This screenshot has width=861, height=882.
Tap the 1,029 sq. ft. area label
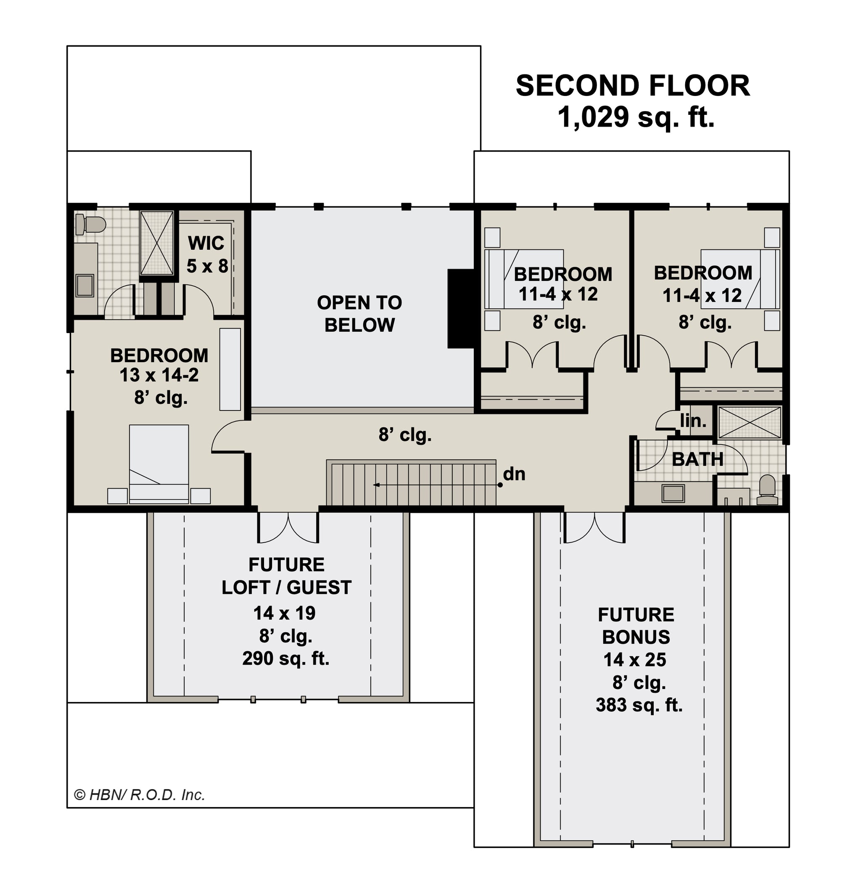coord(636,117)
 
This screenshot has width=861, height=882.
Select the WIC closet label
coord(206,244)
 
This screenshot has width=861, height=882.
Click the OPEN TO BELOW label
coord(359,314)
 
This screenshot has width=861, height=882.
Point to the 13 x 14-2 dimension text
coord(159,375)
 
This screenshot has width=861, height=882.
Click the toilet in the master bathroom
coord(90,225)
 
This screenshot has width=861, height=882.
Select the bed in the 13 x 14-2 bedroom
coord(159,464)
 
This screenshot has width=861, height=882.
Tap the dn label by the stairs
coord(514,474)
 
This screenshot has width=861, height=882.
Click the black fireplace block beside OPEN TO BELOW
coord(461,308)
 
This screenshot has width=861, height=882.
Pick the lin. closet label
coord(693,421)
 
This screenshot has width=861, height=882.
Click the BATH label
coord(698,460)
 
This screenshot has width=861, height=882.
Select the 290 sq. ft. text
coord(286,659)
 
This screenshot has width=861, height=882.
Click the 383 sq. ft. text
coord(639,705)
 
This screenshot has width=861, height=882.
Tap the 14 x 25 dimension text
coord(635,660)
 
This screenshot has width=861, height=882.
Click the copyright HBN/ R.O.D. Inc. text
coord(140,795)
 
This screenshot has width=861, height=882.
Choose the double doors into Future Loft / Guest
coord(288,527)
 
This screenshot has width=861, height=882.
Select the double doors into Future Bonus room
coord(594,527)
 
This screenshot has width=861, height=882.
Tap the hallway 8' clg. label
coord(405,435)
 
